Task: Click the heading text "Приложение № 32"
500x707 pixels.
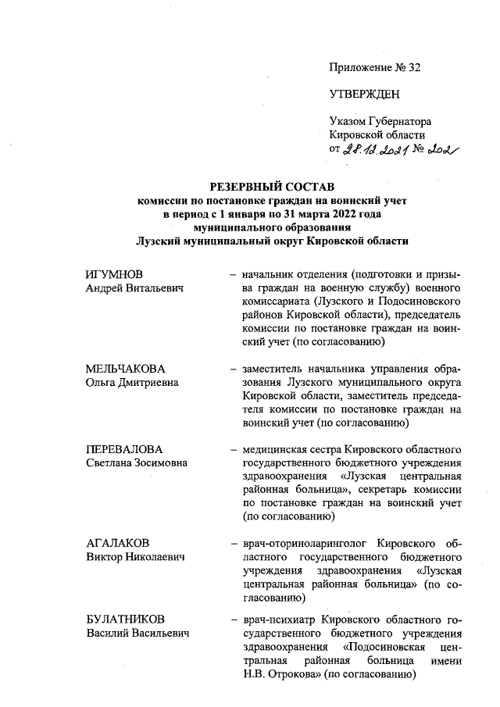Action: coord(375,67)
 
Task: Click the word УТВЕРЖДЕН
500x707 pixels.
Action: coord(364,95)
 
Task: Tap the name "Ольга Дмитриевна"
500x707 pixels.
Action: coord(132,383)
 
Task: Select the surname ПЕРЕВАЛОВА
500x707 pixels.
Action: coord(125,448)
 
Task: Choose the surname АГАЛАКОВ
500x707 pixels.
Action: coord(118,542)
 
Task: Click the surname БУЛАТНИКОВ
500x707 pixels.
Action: coord(125,620)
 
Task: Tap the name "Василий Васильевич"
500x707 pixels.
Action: coord(137,634)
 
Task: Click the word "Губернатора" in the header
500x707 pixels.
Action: coord(402,121)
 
